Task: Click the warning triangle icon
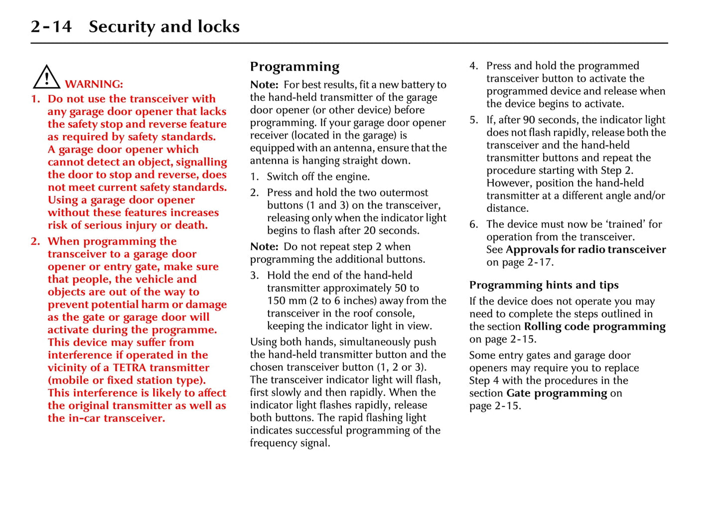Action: click(x=46, y=77)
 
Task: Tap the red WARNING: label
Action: click(x=94, y=84)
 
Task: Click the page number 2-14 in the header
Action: click(x=51, y=26)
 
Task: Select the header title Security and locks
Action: click(x=164, y=26)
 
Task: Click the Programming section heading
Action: click(x=294, y=66)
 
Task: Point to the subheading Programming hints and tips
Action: click(x=544, y=285)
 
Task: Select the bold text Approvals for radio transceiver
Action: click(x=585, y=250)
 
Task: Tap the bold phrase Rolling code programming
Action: click(x=594, y=327)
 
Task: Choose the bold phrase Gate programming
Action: click(x=557, y=393)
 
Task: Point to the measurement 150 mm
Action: click(x=286, y=301)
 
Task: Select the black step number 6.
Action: click(x=473, y=224)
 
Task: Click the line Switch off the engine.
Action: click(x=318, y=176)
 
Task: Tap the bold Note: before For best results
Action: click(x=264, y=85)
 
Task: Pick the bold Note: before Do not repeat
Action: click(x=264, y=247)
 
